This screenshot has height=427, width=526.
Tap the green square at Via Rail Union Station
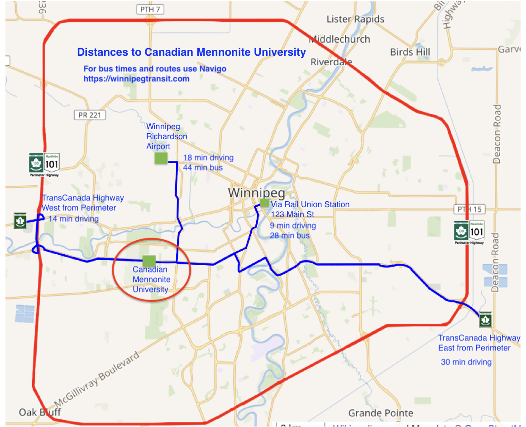pyautogui.click(x=264, y=203)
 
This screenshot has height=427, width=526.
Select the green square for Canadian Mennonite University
pyautogui.click(x=149, y=261)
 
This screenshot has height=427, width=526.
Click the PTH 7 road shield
pyautogui.click(x=149, y=9)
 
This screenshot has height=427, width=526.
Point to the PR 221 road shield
pyautogui.click(x=89, y=115)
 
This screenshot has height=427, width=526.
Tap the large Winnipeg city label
pyautogui.click(x=257, y=193)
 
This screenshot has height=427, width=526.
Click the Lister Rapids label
pyautogui.click(x=355, y=19)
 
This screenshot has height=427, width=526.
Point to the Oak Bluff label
pyautogui.click(x=40, y=412)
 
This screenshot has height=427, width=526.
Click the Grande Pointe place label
pyautogui.click(x=381, y=413)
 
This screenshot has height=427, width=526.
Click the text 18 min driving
pyautogui.click(x=208, y=158)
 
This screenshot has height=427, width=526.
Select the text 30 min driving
pyautogui.click(x=466, y=362)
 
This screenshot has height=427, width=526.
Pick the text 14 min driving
pyautogui.click(x=73, y=219)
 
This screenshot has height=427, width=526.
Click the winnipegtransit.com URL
pyautogui.click(x=136, y=78)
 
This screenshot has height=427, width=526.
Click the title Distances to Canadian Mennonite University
pyautogui.click(x=191, y=52)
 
